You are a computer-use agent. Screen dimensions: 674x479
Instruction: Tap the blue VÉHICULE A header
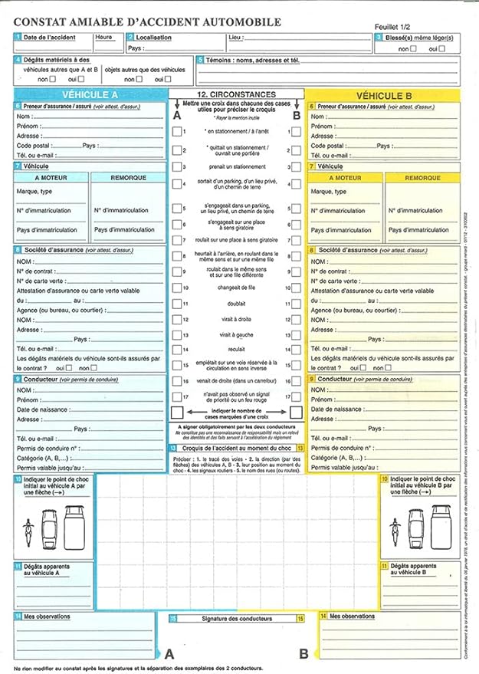[x=90, y=94]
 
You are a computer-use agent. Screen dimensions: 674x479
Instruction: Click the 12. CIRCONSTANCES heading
[x=236, y=94]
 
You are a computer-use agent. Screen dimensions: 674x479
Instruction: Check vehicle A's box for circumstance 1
[x=178, y=132]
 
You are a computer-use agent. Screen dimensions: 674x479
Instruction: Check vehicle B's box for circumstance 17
[x=296, y=396]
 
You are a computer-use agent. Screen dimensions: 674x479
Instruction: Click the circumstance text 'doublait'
[x=236, y=304]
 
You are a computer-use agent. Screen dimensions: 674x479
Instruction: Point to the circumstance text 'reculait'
[x=236, y=350]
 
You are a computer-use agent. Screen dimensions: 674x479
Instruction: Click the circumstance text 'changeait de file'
[x=236, y=288]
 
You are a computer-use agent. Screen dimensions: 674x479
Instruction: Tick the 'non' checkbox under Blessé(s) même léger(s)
[x=413, y=48]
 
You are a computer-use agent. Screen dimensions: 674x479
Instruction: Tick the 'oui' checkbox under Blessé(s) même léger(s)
[x=443, y=48]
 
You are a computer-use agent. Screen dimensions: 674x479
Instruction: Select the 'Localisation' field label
[x=153, y=38]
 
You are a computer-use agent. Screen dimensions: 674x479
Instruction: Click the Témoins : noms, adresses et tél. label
[x=249, y=59]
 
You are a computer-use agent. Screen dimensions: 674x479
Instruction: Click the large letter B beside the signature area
[x=303, y=653]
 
